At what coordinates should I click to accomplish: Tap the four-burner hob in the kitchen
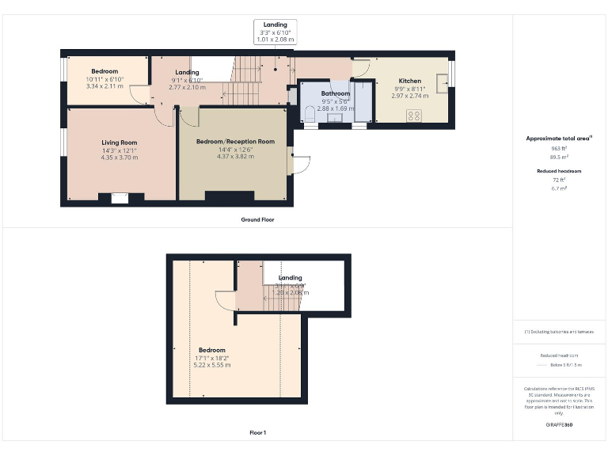tap(414, 116)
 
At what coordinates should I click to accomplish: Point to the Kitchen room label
tap(409, 81)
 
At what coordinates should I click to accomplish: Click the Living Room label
tap(119, 142)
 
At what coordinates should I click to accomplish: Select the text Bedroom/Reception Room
tap(235, 142)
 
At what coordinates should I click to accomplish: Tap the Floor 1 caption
tap(257, 432)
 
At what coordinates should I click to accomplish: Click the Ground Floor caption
tap(257, 219)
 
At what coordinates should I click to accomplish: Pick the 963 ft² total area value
tap(559, 148)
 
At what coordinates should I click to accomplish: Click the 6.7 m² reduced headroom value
tap(559, 188)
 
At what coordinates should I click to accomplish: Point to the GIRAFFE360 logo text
tap(559, 426)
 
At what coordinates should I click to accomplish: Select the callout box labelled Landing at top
tap(275, 31)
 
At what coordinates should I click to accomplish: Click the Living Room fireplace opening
tap(120, 199)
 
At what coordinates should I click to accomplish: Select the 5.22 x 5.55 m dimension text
tap(212, 365)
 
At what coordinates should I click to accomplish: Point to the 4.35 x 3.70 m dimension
tap(119, 157)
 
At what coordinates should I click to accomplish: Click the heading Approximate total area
tap(559, 139)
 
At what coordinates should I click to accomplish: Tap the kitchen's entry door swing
tap(361, 69)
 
